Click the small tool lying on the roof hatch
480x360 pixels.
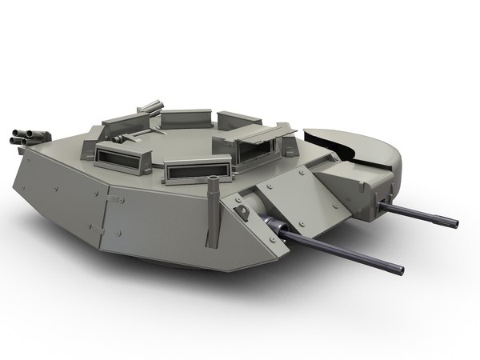pyautogui.click(x=120, y=138)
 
